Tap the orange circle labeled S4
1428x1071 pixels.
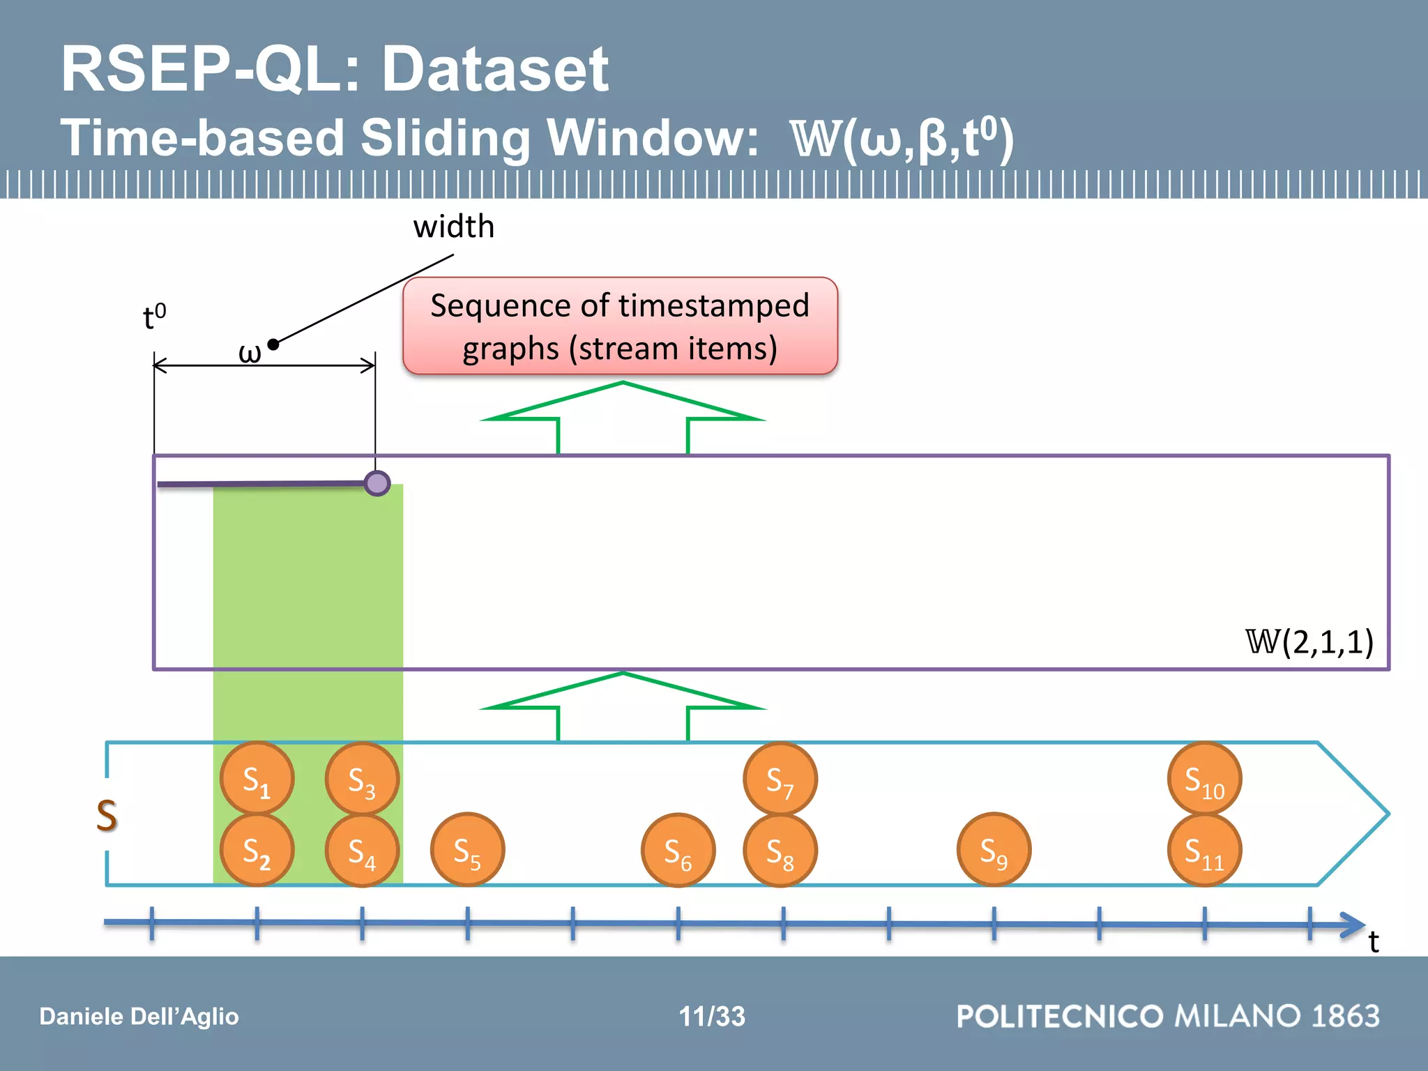tap(362, 851)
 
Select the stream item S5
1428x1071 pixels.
tap(467, 851)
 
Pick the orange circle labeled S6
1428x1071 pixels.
tap(678, 851)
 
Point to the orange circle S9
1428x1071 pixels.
tap(994, 851)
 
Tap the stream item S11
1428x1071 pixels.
tap(1204, 851)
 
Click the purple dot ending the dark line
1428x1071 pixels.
tap(377, 483)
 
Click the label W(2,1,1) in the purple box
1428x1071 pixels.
tap(1309, 641)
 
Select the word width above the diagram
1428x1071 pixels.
tap(454, 227)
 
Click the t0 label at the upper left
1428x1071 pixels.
tap(154, 317)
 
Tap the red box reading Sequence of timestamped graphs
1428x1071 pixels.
tap(620, 326)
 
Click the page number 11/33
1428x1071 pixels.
tap(712, 1017)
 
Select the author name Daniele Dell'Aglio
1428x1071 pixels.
tap(139, 1017)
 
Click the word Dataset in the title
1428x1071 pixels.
tap(495, 70)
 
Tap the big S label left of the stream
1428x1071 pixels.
tap(107, 815)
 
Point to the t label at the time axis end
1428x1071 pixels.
tap(1373, 942)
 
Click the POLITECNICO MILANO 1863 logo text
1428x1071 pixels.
tap(1168, 1016)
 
